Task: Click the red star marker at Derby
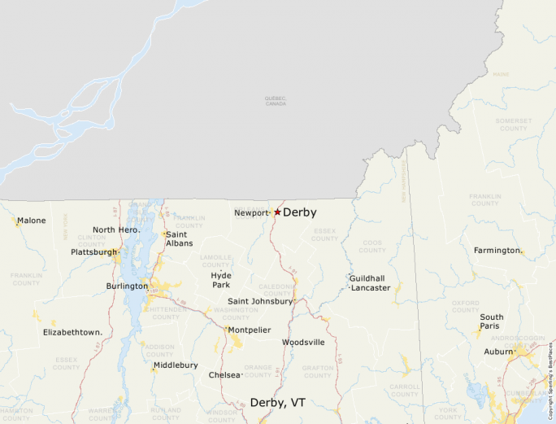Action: click(277, 212)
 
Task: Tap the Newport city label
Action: click(250, 213)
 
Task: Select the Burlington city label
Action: click(127, 286)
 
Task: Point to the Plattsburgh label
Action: click(93, 252)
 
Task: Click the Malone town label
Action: click(32, 221)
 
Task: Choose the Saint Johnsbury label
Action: click(260, 301)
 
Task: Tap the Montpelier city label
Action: click(249, 330)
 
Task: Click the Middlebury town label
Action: click(176, 365)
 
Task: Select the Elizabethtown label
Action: click(72, 332)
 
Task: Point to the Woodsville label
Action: click(303, 343)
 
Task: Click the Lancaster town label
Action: click(371, 288)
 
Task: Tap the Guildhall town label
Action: click(367, 278)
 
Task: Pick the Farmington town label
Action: click(497, 251)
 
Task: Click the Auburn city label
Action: click(498, 352)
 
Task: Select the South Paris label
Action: click(491, 321)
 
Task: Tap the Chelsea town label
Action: click(224, 375)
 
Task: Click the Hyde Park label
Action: click(221, 280)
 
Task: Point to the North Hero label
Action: click(115, 229)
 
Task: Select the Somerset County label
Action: click(513, 125)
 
